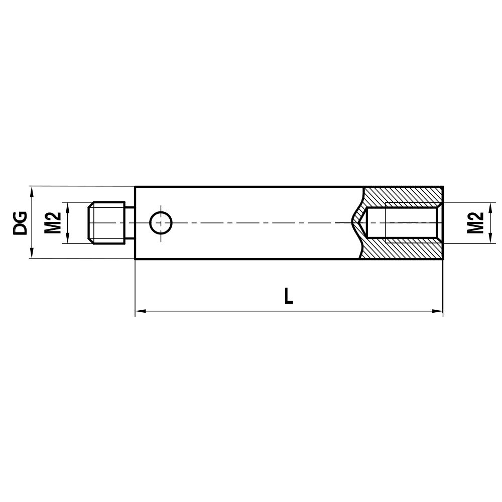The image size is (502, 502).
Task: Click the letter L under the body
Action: pos(288,296)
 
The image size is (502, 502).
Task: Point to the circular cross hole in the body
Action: pos(161,222)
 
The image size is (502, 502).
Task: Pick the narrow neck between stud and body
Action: pos(130,223)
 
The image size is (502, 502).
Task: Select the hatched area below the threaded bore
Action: pos(402,251)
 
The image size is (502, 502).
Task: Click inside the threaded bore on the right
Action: pos(407,223)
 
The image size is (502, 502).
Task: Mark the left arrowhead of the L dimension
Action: pos(140,311)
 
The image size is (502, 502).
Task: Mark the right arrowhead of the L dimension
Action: pos(438,311)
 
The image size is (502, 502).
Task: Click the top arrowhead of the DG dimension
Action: pos(32,191)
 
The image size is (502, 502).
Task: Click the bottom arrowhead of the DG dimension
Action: pos(32,255)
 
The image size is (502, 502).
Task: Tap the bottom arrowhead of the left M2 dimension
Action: pos(65,239)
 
